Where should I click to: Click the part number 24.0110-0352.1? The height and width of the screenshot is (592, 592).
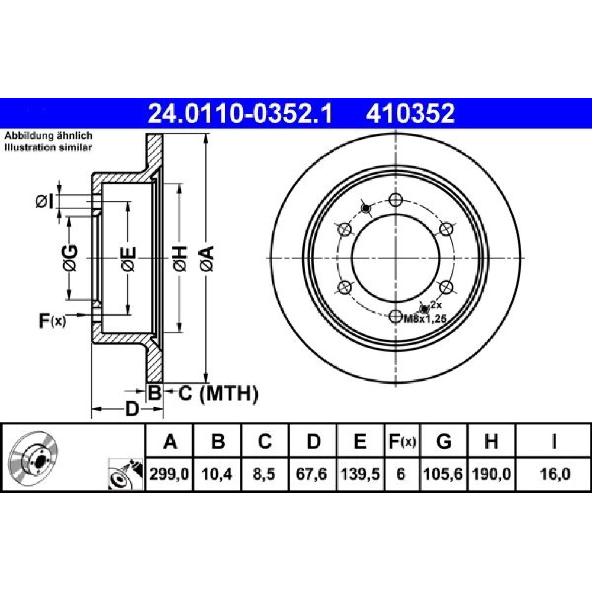[240, 114]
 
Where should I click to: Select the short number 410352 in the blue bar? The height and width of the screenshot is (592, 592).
[410, 114]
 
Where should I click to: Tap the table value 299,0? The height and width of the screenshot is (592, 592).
[169, 474]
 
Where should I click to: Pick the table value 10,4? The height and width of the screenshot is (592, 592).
[217, 474]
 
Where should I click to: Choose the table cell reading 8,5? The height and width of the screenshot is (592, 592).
[264, 474]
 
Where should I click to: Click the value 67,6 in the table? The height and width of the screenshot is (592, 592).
[311, 474]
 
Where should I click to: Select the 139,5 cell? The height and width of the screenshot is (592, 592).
[360, 474]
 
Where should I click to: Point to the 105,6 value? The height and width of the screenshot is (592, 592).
[443, 474]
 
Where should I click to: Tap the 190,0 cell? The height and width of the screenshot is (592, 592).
[491, 474]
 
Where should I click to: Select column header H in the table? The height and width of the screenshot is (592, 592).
[491, 440]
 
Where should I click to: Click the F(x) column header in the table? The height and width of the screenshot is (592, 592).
[402, 441]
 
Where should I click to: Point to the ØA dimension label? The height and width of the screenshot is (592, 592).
[208, 259]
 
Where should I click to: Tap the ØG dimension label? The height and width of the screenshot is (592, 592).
[70, 258]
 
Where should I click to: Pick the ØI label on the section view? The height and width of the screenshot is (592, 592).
[44, 202]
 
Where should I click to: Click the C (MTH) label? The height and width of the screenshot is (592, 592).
[218, 394]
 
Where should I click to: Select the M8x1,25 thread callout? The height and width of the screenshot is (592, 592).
[426, 319]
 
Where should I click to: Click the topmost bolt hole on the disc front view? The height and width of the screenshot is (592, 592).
[395, 200]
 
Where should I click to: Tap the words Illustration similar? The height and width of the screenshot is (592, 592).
[48, 147]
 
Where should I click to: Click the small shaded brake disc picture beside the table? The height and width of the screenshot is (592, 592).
[34, 457]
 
